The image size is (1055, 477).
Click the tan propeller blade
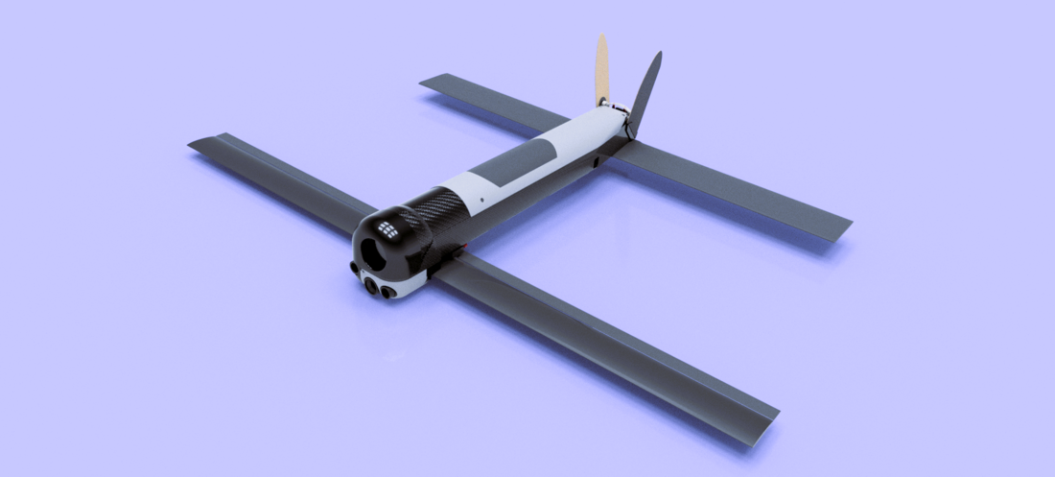(601, 69)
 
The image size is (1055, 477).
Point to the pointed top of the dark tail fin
(658, 56)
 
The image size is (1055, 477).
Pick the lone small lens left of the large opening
(353, 268)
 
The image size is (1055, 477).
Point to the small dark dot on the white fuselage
(481, 200)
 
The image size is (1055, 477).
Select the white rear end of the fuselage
(599, 126)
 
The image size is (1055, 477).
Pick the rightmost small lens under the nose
(388, 292)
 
